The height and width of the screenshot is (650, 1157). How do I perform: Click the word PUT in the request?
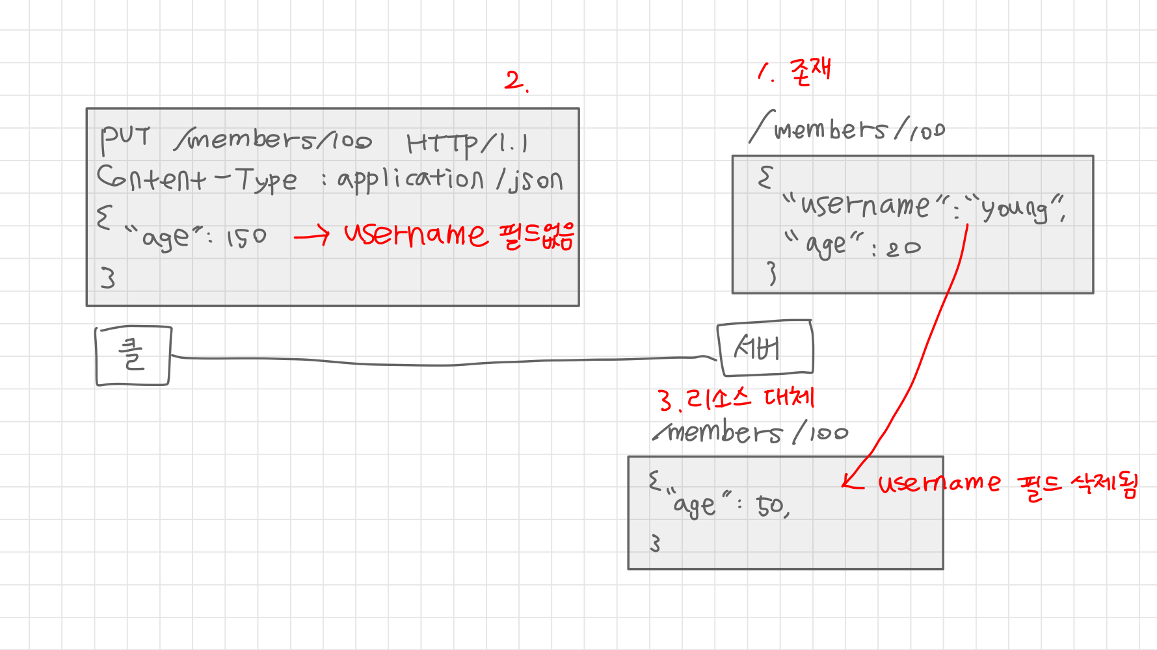click(125, 138)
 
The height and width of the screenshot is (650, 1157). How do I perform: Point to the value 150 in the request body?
click(246, 238)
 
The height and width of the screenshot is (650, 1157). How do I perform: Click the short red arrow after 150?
click(312, 237)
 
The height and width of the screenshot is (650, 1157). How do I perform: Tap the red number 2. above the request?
click(516, 81)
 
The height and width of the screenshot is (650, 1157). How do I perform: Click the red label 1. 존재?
click(795, 71)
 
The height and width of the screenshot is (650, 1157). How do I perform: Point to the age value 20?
click(903, 248)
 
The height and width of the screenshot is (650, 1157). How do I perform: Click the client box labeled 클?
click(133, 356)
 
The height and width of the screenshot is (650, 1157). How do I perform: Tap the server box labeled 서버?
click(764, 348)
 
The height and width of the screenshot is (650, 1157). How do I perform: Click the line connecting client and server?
click(442, 363)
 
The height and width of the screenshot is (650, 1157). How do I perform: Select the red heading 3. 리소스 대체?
click(735, 398)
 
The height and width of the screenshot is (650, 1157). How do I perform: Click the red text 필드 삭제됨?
click(1078, 484)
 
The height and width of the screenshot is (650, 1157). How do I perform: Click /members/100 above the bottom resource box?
click(751, 433)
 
